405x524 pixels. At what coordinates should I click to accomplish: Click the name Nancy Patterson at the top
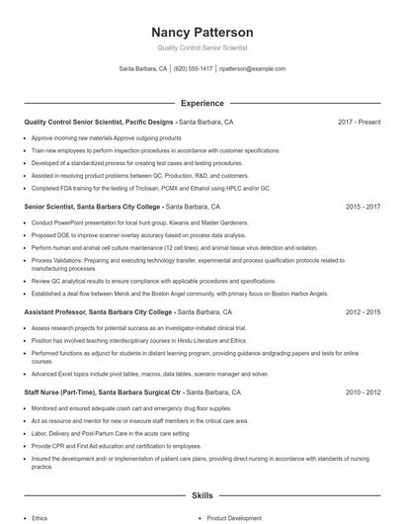click(202, 32)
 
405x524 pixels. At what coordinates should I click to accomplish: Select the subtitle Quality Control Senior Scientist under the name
click(202, 47)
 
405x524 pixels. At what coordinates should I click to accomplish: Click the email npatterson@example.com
click(252, 69)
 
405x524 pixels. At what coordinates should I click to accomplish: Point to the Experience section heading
click(202, 103)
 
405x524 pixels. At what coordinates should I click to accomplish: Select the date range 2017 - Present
click(359, 122)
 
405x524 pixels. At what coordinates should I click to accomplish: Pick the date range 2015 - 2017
click(363, 207)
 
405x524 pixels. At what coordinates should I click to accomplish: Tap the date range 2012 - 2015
click(363, 310)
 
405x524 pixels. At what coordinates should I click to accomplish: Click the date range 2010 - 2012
click(363, 393)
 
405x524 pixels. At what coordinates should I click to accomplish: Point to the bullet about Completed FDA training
click(150, 187)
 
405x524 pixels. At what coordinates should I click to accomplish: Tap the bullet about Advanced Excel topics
click(149, 375)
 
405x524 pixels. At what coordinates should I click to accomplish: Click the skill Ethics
click(40, 517)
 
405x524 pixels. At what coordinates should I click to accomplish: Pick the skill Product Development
click(234, 517)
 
